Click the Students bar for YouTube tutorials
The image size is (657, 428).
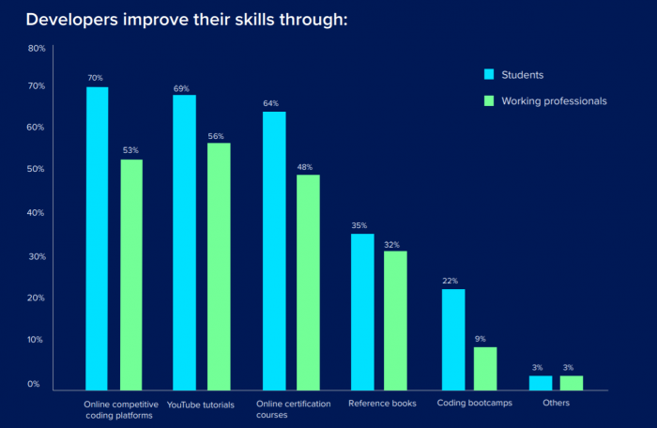point(185,242)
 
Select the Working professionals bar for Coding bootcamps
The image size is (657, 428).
point(485,368)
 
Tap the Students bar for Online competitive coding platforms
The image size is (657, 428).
point(97,238)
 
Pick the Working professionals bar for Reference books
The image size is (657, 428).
point(395,320)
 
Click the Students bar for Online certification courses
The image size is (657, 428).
point(274,251)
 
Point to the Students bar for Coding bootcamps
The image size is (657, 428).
point(453,339)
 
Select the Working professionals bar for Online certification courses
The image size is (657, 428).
point(308,282)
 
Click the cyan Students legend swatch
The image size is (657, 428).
point(488,74)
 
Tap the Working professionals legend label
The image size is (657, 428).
point(554,100)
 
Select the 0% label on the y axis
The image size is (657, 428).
point(34,384)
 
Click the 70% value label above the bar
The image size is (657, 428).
point(96,78)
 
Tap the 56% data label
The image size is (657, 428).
point(217,135)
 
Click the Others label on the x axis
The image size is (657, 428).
point(556,404)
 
